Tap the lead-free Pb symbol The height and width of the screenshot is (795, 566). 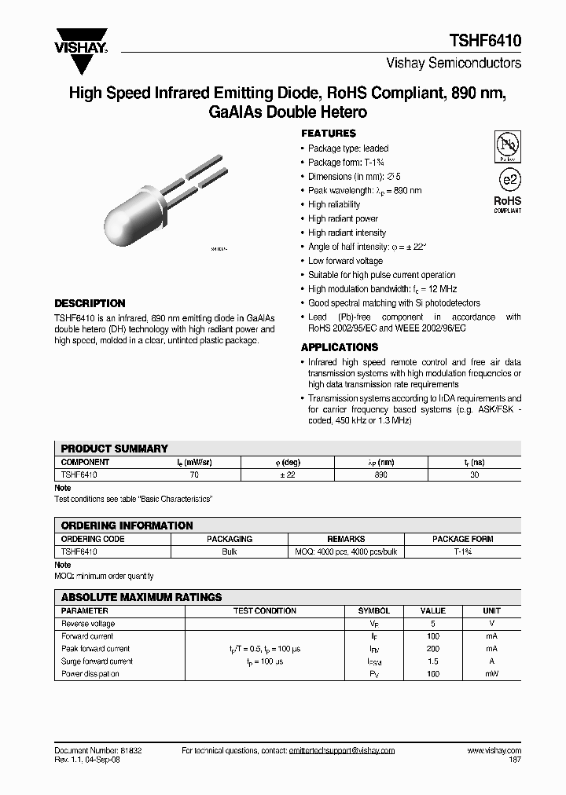point(506,146)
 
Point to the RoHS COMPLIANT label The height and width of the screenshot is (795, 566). point(507,204)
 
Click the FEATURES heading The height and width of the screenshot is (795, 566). point(329,134)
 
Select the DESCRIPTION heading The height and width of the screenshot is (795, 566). point(90,303)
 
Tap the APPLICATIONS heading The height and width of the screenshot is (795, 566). point(340,347)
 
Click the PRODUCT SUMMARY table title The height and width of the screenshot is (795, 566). point(115,449)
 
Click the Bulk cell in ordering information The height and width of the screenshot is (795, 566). point(230,552)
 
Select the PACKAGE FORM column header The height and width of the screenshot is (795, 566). point(462,540)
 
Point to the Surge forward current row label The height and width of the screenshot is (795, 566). point(97,661)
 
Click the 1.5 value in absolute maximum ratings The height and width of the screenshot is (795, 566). point(432,661)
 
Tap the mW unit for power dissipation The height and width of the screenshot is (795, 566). point(491,674)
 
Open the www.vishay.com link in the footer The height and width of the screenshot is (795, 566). point(494,751)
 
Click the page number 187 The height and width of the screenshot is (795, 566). point(515,760)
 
